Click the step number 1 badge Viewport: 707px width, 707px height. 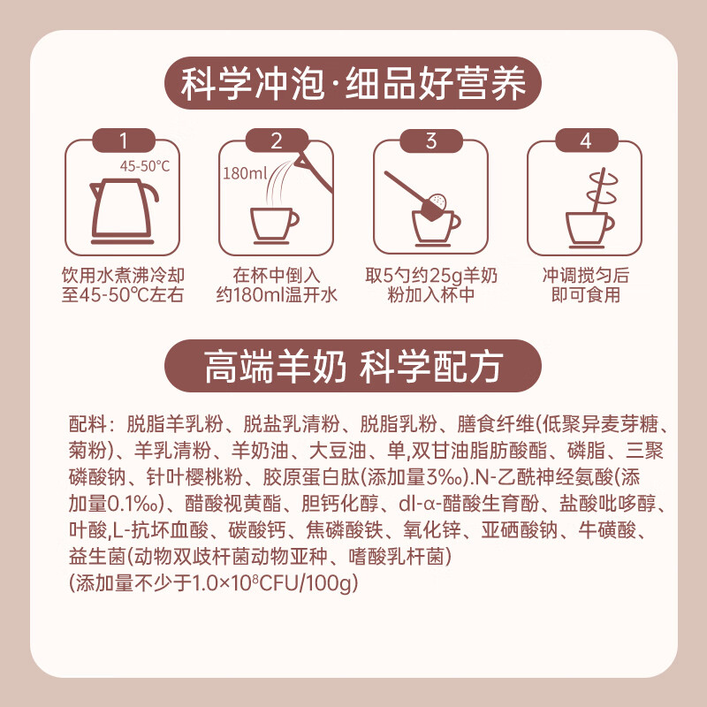click(124, 141)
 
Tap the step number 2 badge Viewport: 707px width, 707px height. click(277, 141)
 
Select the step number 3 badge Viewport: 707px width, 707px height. click(431, 141)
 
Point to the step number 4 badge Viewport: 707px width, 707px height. click(586, 141)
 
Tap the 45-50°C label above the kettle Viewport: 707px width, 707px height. click(145, 166)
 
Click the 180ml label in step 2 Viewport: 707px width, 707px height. click(246, 173)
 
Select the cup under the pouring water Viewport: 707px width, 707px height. click(274, 226)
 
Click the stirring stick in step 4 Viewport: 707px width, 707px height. click(598, 192)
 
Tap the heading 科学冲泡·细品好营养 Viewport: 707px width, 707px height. click(353, 83)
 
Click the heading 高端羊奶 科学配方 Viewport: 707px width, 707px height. click(353, 366)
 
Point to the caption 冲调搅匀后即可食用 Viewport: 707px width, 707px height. click(586, 285)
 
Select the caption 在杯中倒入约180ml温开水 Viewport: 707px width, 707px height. click(277, 285)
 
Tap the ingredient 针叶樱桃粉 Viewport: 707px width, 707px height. click(194, 476)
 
